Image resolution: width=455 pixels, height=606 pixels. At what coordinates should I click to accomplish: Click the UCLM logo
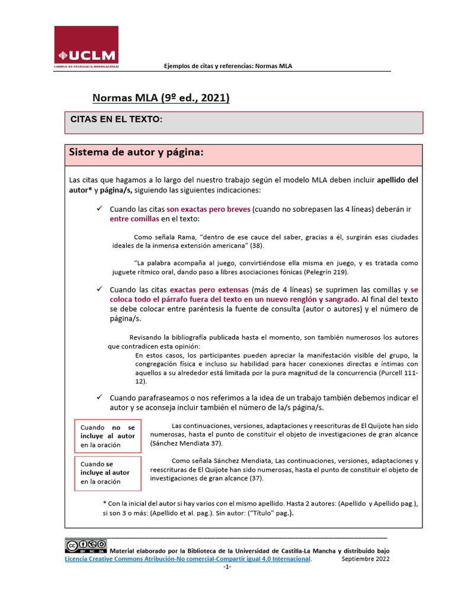coord(86,47)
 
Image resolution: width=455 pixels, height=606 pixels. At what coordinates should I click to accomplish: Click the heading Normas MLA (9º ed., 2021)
coord(161,98)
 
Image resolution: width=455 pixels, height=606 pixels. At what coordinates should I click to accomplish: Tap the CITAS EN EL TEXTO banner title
coord(116,119)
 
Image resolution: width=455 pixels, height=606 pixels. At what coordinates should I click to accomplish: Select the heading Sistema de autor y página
coord(136,153)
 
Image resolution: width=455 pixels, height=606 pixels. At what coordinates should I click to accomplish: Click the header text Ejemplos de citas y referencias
coord(228,66)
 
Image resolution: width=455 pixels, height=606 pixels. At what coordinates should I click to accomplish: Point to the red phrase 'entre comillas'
coord(134,218)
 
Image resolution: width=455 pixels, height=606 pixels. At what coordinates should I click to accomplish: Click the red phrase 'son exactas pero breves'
coord(209,209)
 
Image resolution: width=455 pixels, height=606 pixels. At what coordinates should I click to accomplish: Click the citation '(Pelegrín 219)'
coord(325,272)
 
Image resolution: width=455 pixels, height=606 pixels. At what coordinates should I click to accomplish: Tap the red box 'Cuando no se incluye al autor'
coord(108,436)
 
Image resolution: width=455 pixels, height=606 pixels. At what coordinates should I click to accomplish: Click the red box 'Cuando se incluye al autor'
coord(108,472)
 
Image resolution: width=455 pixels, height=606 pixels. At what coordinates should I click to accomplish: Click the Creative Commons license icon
coord(86,545)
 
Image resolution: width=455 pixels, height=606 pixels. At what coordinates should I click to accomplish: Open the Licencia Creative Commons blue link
coord(188,559)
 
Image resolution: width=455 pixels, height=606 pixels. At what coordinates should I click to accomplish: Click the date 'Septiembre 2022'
coord(366,559)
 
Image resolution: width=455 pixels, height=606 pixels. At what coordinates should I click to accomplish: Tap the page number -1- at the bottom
coord(227,567)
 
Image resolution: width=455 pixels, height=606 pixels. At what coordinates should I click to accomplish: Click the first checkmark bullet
coord(100,209)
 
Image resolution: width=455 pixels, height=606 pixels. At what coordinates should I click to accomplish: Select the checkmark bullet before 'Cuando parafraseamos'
coord(100,398)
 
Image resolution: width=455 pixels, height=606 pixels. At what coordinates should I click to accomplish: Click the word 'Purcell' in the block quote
coord(391,373)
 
